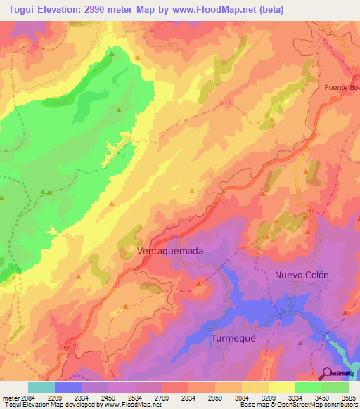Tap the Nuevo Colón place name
[x=302, y=275]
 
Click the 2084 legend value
[x=25, y=397]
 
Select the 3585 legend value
[x=348, y=397]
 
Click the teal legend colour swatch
[x=41, y=387]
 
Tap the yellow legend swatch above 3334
[x=281, y=387]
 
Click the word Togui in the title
[x=18, y=8]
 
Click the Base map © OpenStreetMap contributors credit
[x=297, y=405]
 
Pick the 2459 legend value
[x=108, y=397]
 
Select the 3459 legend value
[x=321, y=397]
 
